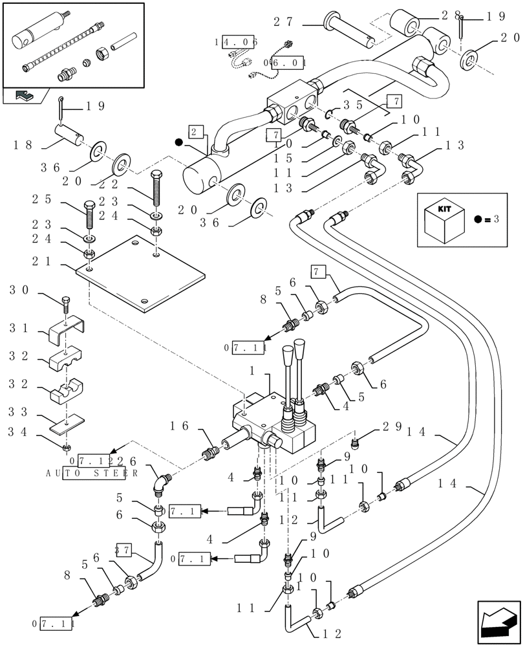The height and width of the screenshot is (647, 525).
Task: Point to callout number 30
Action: pyautogui.click(x=19, y=291)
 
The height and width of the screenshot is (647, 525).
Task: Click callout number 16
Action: pyautogui.click(x=179, y=425)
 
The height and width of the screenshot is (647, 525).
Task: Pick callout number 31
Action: pyautogui.click(x=19, y=329)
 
